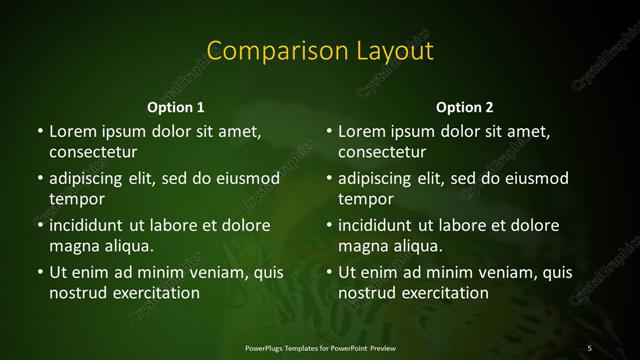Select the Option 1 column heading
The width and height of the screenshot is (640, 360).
pos(176,106)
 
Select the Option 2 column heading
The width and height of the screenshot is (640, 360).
pos(465,106)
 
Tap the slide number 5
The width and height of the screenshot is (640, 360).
pos(590,347)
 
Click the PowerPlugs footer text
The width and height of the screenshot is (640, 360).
pos(320,347)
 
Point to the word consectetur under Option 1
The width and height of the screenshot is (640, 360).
pos(93,152)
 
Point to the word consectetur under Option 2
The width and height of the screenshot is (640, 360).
pos(382,152)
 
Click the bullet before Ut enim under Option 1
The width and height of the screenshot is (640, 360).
pos(40,272)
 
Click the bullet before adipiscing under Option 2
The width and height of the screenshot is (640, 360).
pos(329,178)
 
